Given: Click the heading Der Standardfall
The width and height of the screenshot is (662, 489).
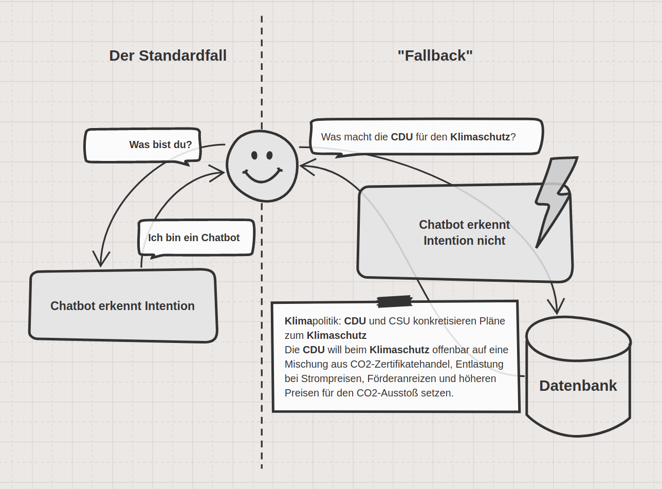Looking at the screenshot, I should [168, 56].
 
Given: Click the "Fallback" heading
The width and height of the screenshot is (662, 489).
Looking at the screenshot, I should [435, 56].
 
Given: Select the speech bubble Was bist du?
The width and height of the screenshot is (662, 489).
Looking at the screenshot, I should [160, 144].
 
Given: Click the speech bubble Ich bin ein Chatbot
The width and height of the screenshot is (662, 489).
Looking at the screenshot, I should [194, 238].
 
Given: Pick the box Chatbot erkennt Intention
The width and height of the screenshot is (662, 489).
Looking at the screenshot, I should [122, 306].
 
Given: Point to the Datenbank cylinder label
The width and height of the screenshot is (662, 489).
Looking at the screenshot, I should [578, 386].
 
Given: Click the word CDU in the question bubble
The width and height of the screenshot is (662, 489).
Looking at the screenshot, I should [401, 137].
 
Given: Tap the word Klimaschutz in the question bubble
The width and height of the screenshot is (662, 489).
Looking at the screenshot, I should [480, 137].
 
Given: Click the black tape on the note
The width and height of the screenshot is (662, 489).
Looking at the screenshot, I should [394, 301].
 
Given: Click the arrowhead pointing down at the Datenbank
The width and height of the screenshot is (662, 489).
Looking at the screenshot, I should [556, 307].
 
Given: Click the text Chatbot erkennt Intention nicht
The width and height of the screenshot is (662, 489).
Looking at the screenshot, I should [464, 232].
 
